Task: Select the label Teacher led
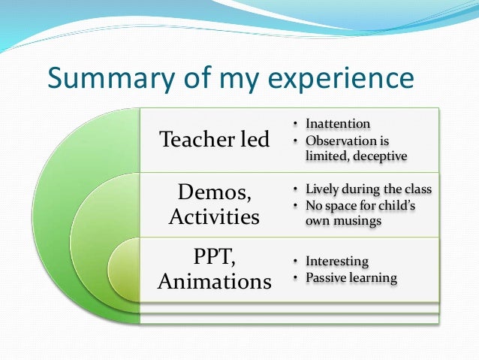pos(215,140)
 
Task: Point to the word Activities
pos(214,218)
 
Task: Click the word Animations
pos(214,282)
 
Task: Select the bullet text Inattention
pos(337,124)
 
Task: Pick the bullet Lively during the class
pos(369,189)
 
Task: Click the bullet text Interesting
pos(336,262)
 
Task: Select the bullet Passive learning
pos(351,278)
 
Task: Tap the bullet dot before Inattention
pos(296,124)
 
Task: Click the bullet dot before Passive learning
pos(296,278)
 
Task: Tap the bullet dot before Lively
pos(296,189)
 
